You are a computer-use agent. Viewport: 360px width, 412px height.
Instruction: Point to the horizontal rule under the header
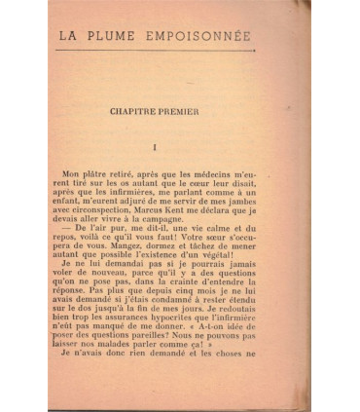pos(156,50)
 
